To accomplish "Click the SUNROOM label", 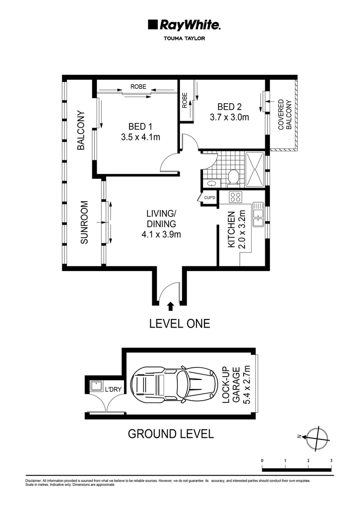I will tap(84, 223).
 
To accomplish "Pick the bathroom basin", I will tap(211, 183).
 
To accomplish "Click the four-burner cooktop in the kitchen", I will tap(235, 197).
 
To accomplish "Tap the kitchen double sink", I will tap(257, 214).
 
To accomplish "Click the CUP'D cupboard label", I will tap(210, 197).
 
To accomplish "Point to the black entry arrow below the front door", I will tap(171, 307).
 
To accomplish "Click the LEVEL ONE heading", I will tap(180, 324).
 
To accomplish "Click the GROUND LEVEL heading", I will tap(171, 434).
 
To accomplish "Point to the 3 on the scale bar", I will tap(331, 460).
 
